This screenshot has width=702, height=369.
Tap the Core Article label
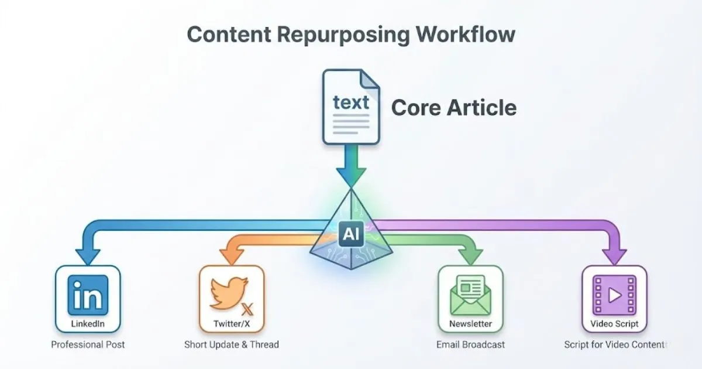click(453, 108)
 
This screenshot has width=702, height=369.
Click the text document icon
click(351, 107)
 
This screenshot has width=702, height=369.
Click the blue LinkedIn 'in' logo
click(88, 295)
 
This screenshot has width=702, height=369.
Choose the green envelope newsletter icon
click(470, 296)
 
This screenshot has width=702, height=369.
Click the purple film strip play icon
click(614, 295)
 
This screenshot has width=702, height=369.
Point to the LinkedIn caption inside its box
click(88, 324)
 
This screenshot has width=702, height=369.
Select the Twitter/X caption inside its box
click(232, 324)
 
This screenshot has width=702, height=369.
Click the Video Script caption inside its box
click(614, 324)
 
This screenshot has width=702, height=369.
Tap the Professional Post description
click(88, 344)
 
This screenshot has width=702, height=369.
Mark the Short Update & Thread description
click(232, 344)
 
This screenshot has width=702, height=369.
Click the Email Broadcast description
click(470, 344)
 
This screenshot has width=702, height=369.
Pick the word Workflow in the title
click(466, 34)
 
